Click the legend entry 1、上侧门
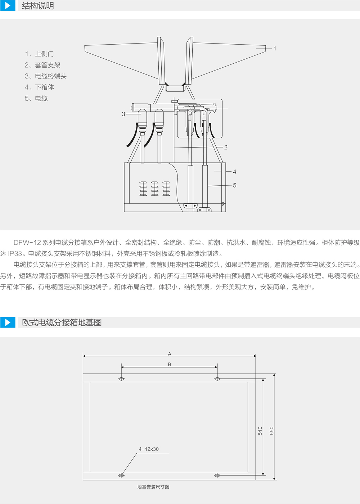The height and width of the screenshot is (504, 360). click(x=39, y=54)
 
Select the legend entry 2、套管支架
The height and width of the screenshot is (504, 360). click(x=42, y=65)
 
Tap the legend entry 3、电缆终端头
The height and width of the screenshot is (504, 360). click(x=46, y=76)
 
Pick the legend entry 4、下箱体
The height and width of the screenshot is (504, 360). click(x=39, y=87)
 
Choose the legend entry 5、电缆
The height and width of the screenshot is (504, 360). click(x=36, y=98)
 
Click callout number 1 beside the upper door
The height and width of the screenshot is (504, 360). click(x=274, y=48)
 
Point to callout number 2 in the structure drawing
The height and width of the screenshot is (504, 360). click(x=226, y=147)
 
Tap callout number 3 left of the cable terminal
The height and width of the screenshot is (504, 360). click(x=123, y=114)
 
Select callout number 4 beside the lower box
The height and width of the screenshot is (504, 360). click(x=235, y=172)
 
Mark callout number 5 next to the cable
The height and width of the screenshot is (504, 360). click(x=235, y=185)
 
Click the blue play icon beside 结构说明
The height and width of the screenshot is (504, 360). click(x=8, y=5)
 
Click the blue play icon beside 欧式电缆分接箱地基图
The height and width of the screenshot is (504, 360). click(x=8, y=323)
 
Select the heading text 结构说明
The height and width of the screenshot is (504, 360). click(x=38, y=6)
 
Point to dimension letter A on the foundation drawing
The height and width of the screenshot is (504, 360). click(x=170, y=354)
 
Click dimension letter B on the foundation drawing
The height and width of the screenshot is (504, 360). click(x=170, y=364)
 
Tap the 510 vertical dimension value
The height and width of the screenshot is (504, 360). click(x=260, y=431)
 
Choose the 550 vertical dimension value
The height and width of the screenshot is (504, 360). click(x=271, y=431)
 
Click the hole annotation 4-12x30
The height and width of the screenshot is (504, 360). click(x=149, y=449)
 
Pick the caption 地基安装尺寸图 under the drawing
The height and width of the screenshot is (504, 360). click(x=153, y=487)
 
